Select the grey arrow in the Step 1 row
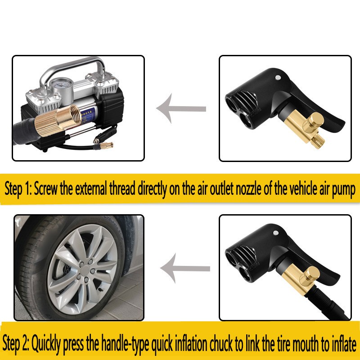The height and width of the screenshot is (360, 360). click(181, 108)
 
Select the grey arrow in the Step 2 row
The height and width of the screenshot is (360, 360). click(185, 268)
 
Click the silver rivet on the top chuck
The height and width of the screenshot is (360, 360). click(278, 77)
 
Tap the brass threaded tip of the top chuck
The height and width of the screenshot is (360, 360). click(319, 141)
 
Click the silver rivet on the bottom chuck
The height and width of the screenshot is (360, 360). click(276, 233)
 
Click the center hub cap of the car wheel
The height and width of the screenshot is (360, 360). click(85, 269)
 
